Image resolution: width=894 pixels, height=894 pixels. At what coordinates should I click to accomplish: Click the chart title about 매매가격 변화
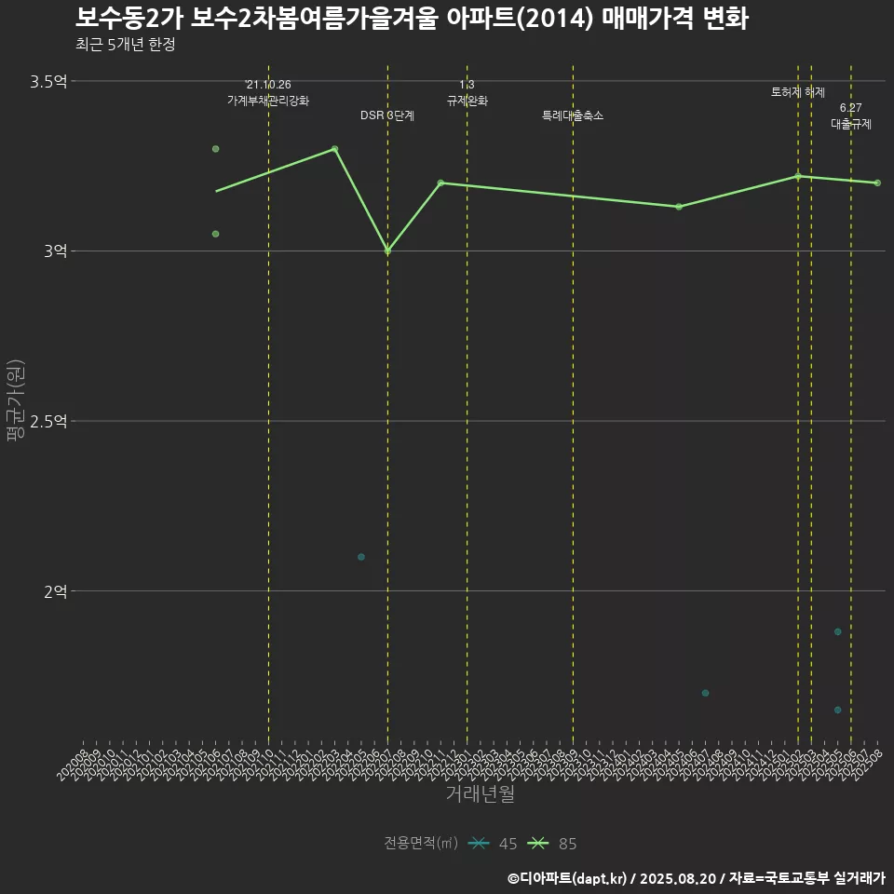point(411,19)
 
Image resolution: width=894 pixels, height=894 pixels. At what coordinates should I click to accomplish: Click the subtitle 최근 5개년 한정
point(125,45)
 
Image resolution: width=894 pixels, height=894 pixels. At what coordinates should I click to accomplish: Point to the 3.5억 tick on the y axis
point(48,82)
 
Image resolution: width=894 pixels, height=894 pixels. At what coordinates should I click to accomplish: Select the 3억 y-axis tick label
point(55,251)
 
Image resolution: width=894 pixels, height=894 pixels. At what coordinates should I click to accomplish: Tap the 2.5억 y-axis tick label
point(48,421)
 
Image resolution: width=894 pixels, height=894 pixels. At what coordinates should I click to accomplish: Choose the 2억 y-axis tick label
point(55,591)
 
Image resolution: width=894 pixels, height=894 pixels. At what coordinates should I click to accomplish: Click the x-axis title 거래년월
point(480,794)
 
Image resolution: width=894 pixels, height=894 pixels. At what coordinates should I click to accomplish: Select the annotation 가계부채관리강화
point(268,100)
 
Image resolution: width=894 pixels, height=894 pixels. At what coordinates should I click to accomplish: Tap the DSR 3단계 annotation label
point(387,115)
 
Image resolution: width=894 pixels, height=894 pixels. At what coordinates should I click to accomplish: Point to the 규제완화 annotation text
point(467,100)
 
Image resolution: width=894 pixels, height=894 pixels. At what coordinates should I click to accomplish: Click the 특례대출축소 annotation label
point(573,115)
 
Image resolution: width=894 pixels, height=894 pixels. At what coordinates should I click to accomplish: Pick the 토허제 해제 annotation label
point(798,92)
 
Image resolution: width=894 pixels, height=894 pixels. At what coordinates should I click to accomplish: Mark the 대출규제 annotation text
point(851,123)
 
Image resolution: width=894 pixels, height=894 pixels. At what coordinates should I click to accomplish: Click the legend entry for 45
point(494,844)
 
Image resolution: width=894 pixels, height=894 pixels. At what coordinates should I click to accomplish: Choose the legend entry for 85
point(552,844)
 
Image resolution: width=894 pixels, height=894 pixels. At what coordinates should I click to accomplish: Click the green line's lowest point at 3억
point(387,251)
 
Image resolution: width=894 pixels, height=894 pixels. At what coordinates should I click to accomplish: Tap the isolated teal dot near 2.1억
point(361,557)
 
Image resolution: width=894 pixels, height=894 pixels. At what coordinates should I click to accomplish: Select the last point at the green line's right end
point(877,183)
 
